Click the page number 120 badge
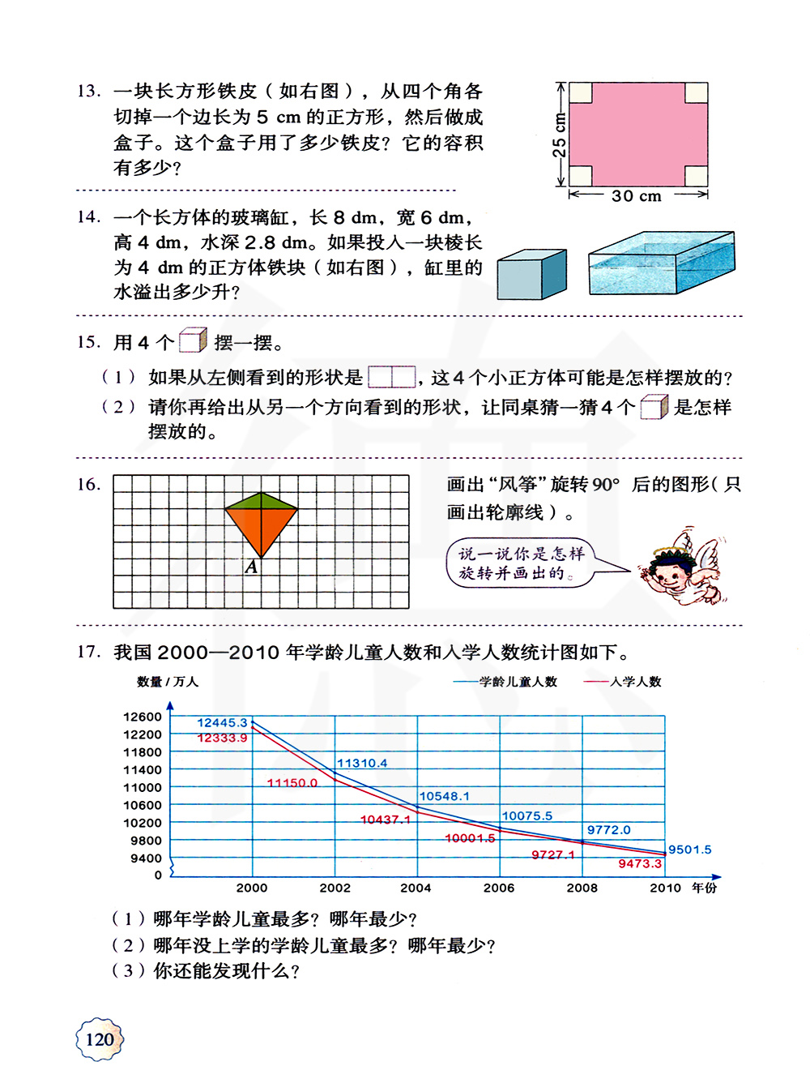(x=99, y=1039)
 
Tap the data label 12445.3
(x=222, y=722)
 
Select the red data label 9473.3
(x=640, y=863)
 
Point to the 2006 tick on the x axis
(x=499, y=888)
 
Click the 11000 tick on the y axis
(x=143, y=787)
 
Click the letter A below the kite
(x=252, y=567)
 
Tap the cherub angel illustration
(x=684, y=568)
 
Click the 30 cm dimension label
(x=637, y=195)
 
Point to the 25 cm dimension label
(x=560, y=135)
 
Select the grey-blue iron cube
(x=531, y=275)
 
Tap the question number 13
(x=88, y=91)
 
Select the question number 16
(x=88, y=485)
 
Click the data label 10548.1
(x=444, y=796)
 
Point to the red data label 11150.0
(x=292, y=782)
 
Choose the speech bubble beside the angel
(x=521, y=563)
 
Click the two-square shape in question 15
(x=392, y=377)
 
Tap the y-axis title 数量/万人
(x=168, y=682)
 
